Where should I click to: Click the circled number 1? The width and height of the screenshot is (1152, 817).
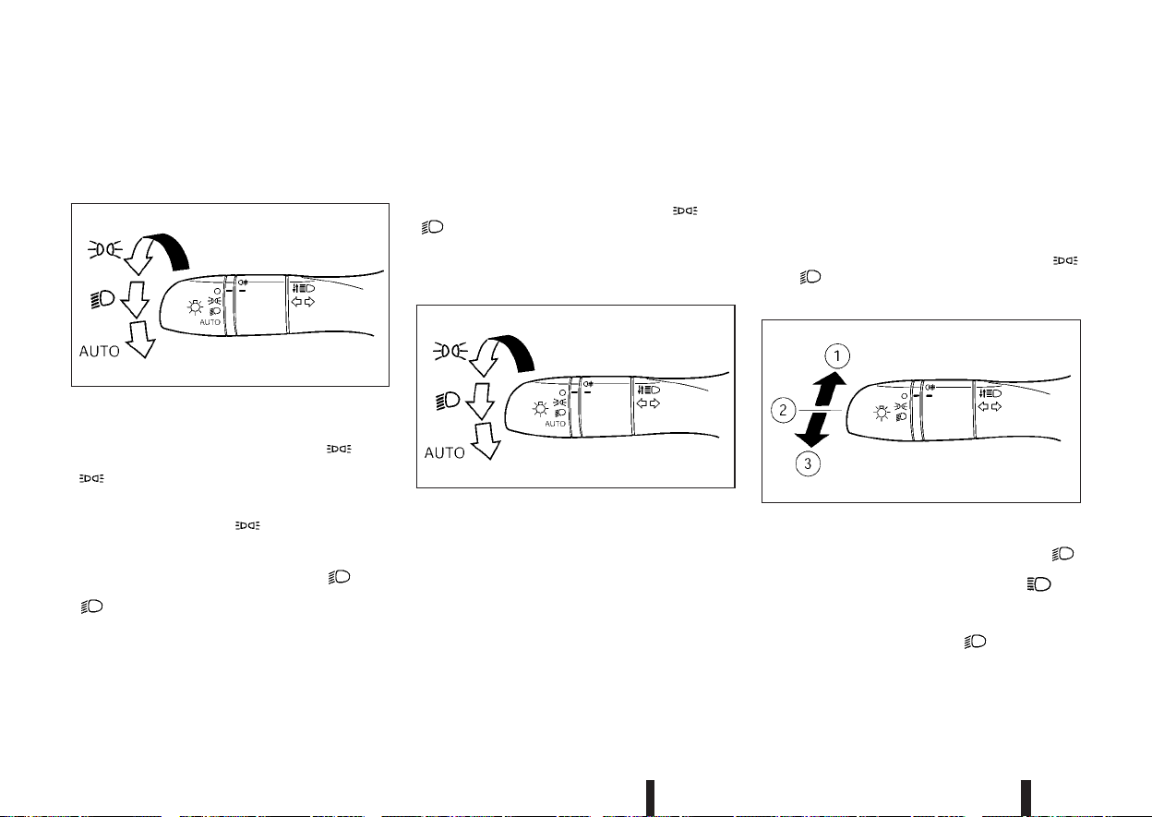click(x=837, y=356)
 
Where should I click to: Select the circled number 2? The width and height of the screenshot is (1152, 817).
click(x=784, y=410)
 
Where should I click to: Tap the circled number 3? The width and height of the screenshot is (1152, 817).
click(x=808, y=463)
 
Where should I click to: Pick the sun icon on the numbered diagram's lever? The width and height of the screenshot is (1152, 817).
click(x=882, y=414)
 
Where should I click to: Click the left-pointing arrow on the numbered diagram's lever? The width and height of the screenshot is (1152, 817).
click(x=983, y=407)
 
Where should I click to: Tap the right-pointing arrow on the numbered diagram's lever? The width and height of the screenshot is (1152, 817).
click(x=996, y=407)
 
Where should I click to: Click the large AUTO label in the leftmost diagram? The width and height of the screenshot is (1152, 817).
click(x=100, y=352)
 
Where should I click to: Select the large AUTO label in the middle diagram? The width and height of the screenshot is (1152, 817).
click(x=444, y=452)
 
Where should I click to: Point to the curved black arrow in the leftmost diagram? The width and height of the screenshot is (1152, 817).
click(x=168, y=249)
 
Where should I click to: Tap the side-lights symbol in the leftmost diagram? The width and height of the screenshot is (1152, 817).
click(x=105, y=249)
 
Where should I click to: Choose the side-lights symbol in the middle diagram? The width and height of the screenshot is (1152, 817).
click(x=450, y=351)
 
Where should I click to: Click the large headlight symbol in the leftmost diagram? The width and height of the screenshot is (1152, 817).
click(x=102, y=299)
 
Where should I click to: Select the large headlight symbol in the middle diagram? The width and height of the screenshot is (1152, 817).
click(x=448, y=401)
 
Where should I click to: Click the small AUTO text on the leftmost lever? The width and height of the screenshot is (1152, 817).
click(x=210, y=322)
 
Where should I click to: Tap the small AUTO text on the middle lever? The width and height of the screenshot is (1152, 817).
click(x=555, y=424)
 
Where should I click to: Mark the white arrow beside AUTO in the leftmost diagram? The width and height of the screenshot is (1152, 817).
click(x=140, y=339)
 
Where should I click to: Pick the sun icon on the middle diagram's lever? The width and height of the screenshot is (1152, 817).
click(x=541, y=409)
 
